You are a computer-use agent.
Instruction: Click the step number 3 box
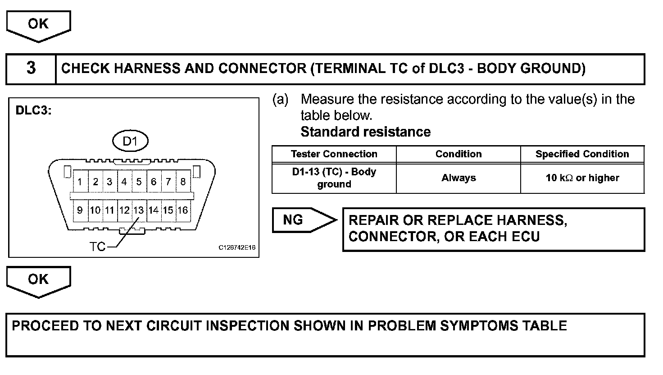pyautogui.click(x=31, y=69)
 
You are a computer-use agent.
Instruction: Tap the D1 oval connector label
pyautogui.click(x=130, y=141)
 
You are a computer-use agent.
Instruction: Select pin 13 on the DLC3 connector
pyautogui.click(x=139, y=210)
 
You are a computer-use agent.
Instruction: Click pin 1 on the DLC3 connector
pyautogui.click(x=80, y=181)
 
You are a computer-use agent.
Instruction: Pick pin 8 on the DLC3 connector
pyautogui.click(x=183, y=181)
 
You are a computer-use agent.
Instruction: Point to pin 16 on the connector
pyautogui.click(x=183, y=210)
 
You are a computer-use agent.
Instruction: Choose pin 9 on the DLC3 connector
pyautogui.click(x=80, y=210)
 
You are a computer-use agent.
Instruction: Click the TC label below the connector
pyautogui.click(x=97, y=247)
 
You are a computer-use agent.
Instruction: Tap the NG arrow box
pyautogui.click(x=304, y=220)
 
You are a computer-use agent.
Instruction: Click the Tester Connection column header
pyautogui.click(x=334, y=154)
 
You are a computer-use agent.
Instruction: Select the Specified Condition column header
pyautogui.click(x=582, y=154)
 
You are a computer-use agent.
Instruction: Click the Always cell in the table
pyautogui.click(x=459, y=178)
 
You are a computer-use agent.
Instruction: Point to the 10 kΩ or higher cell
pyautogui.click(x=582, y=178)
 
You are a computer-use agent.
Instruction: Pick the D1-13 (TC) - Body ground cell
pyautogui.click(x=334, y=178)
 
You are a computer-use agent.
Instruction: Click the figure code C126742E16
pyautogui.click(x=237, y=247)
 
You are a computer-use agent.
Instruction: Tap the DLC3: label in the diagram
pyautogui.click(x=33, y=110)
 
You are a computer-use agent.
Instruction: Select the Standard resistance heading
pyautogui.click(x=366, y=132)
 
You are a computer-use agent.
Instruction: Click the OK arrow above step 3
pyautogui.click(x=38, y=26)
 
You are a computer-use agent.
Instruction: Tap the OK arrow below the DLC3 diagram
pyautogui.click(x=38, y=282)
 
